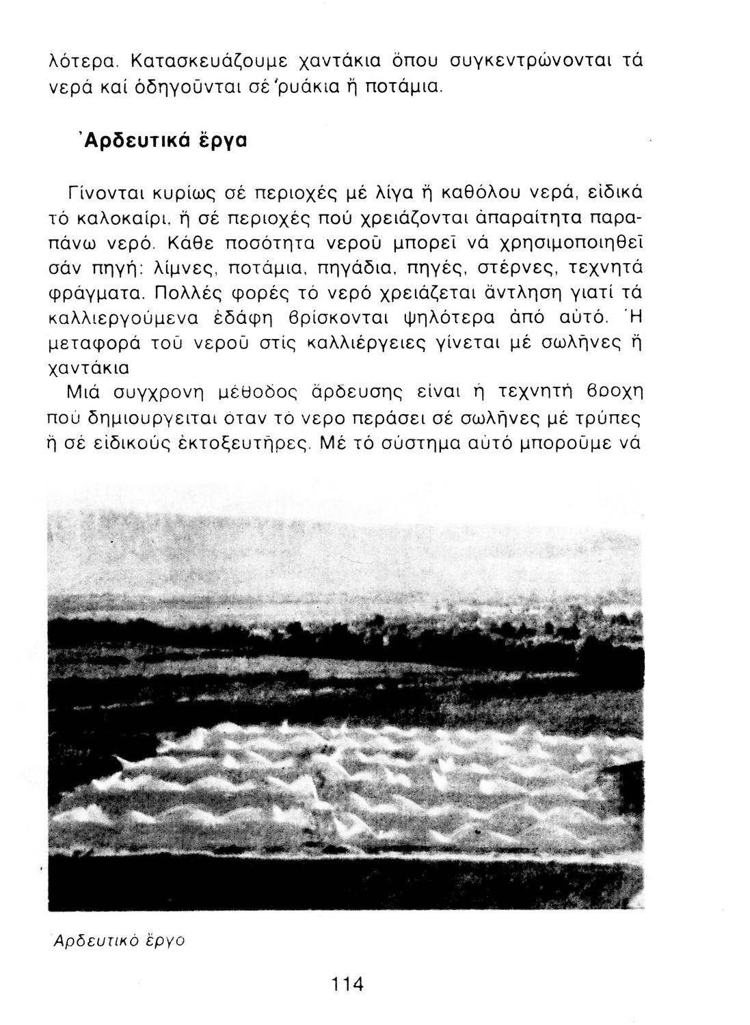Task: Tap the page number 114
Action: tap(348, 984)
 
